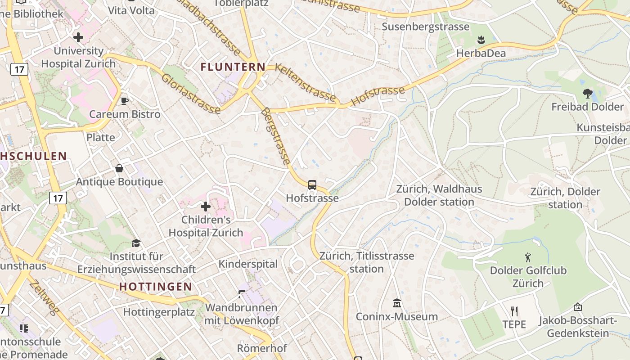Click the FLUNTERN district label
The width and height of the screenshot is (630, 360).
[x=233, y=67]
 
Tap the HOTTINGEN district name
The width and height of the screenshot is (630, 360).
[x=156, y=287]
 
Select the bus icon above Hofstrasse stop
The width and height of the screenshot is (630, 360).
[x=312, y=184]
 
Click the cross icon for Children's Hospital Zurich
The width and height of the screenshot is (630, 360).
[x=206, y=207]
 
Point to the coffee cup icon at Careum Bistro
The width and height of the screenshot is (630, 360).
[x=125, y=101]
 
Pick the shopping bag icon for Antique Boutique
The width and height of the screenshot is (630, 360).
[x=119, y=168]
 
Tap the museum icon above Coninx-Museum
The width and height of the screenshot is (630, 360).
[x=396, y=303]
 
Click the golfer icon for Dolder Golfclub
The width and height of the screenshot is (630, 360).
[x=528, y=257]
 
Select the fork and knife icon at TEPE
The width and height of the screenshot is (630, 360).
[x=514, y=311]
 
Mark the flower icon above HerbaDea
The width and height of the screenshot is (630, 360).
[x=481, y=40]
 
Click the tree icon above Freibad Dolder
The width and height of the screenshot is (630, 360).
[x=587, y=94]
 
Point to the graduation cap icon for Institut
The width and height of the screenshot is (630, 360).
[x=136, y=243]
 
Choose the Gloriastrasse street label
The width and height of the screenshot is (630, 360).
[x=191, y=94]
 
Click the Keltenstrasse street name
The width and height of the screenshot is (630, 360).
[x=305, y=83]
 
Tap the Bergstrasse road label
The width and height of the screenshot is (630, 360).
[x=276, y=136]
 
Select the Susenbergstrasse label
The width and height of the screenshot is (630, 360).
[x=425, y=27]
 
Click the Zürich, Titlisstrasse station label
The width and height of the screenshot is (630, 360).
[x=366, y=262]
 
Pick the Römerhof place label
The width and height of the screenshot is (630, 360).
[x=262, y=348]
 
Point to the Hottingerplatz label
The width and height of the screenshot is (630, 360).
[x=159, y=312]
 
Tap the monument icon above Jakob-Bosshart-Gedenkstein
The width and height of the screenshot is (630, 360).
[x=578, y=307]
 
